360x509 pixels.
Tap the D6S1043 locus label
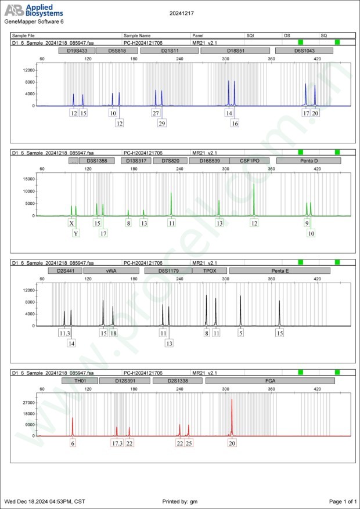[304, 51]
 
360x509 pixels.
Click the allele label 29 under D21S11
[162, 123]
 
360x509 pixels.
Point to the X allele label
[71, 223]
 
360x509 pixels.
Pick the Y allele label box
[76, 233]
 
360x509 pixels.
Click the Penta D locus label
[305, 161]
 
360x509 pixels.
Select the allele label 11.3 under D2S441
[64, 333]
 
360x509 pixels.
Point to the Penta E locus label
[280, 271]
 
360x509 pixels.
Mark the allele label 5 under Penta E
[240, 333]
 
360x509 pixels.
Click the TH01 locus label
[79, 381]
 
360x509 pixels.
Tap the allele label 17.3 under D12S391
[117, 443]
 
